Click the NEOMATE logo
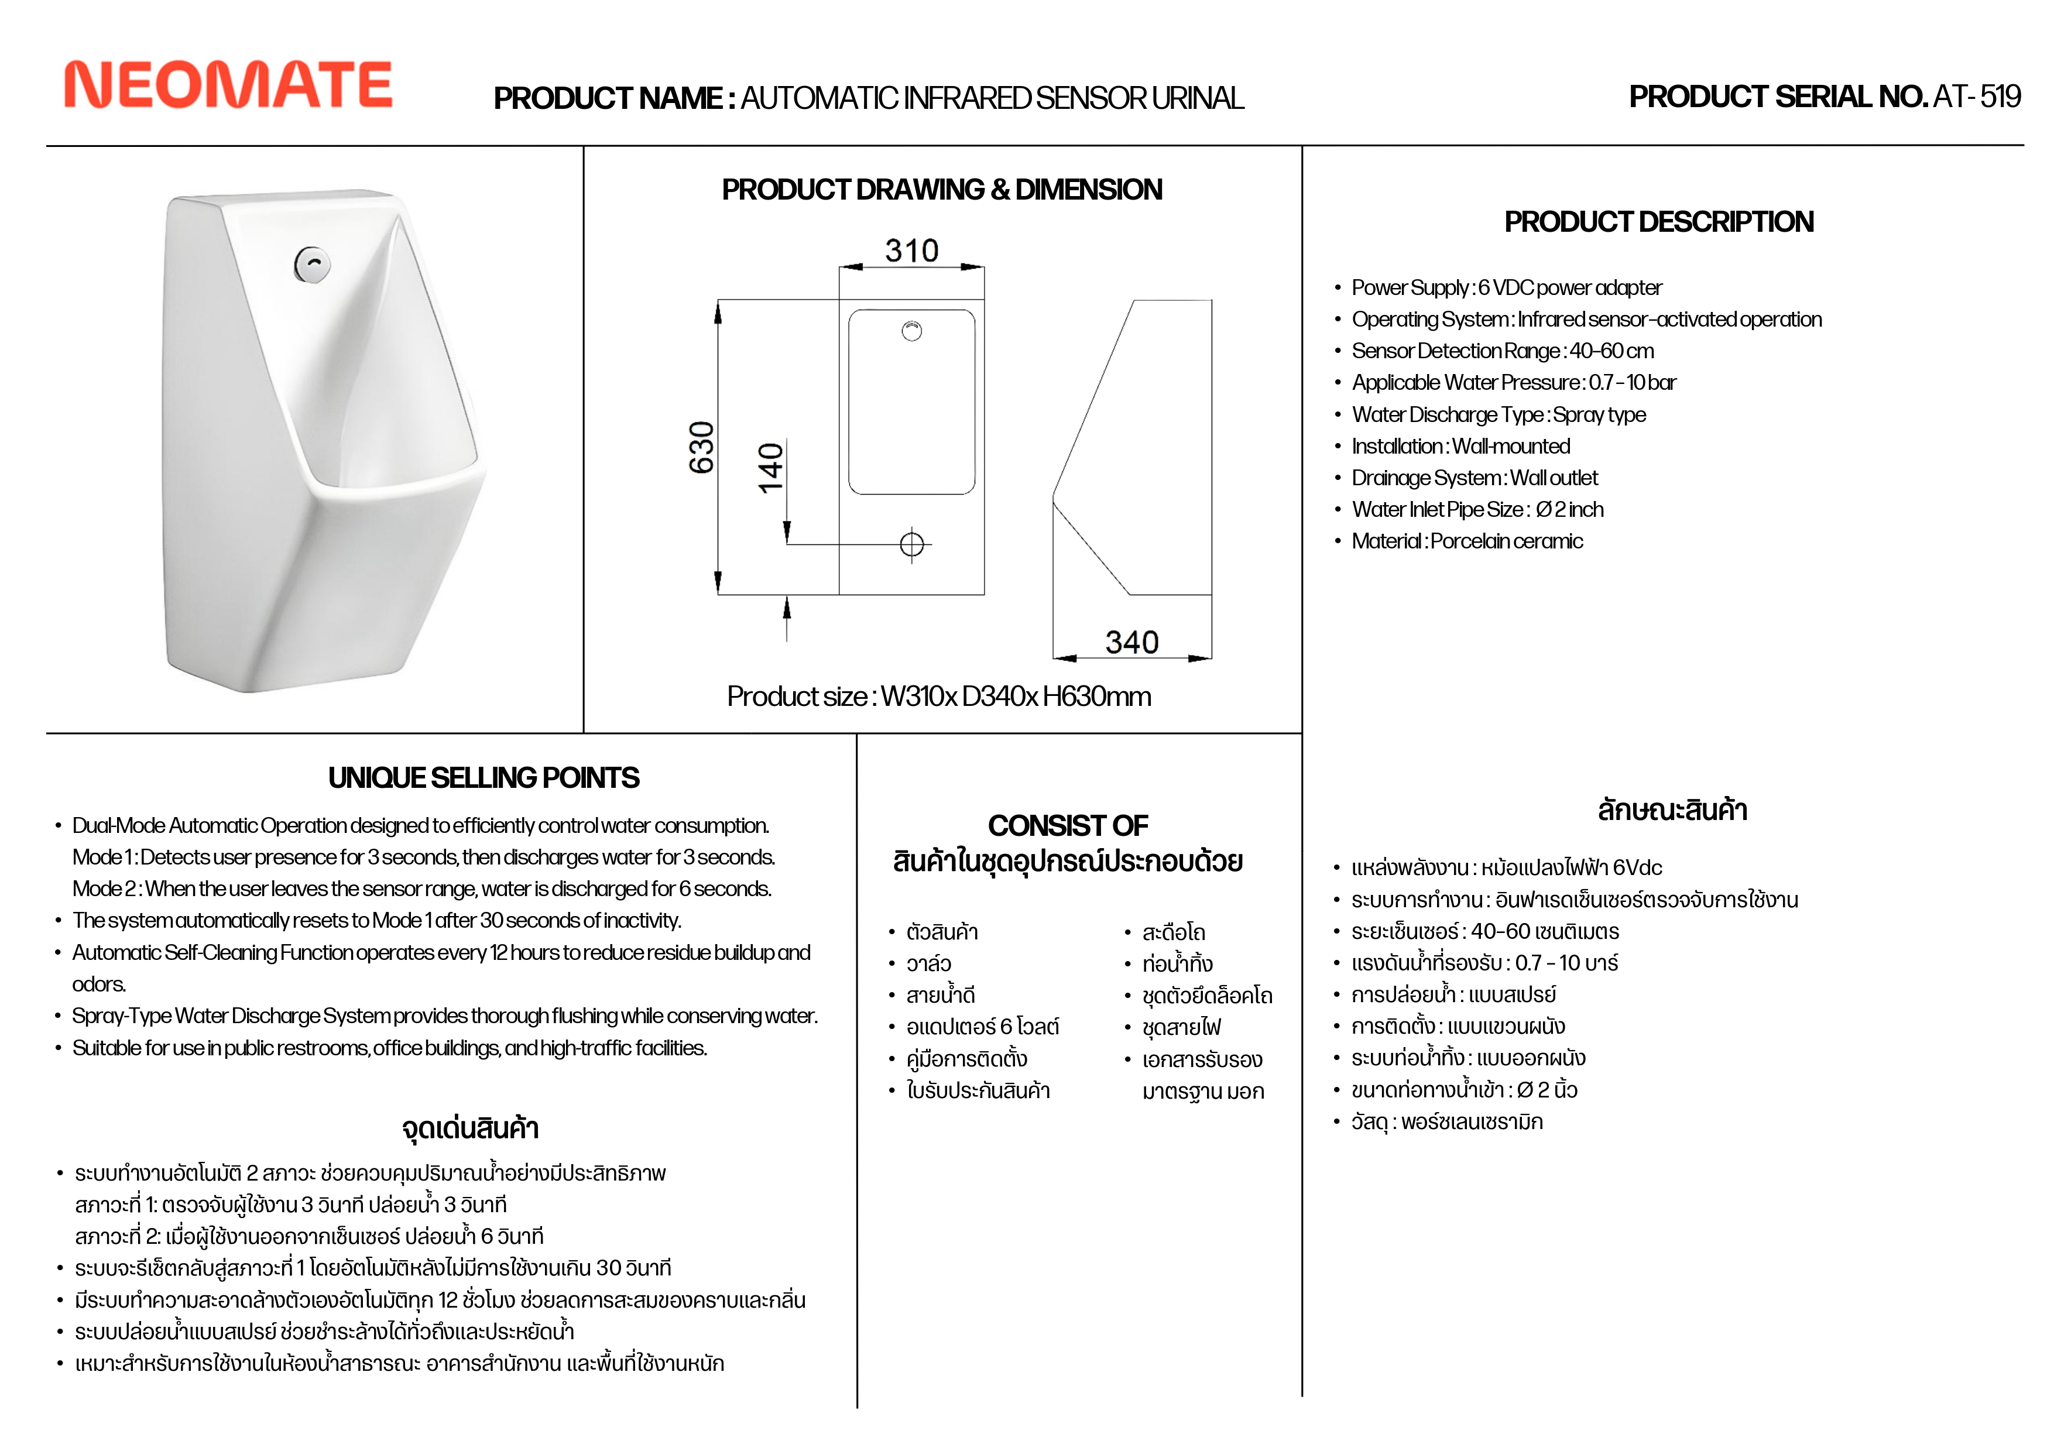228,85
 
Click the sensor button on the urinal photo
312,264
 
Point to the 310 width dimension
911,251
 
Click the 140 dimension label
770,467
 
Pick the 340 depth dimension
1131,642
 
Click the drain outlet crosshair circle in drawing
911,544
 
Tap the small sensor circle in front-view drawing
911,331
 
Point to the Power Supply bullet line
1507,288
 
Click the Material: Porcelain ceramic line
1467,541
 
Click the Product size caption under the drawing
938,696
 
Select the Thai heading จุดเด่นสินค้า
471,1128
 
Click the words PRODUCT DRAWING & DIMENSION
942,190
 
